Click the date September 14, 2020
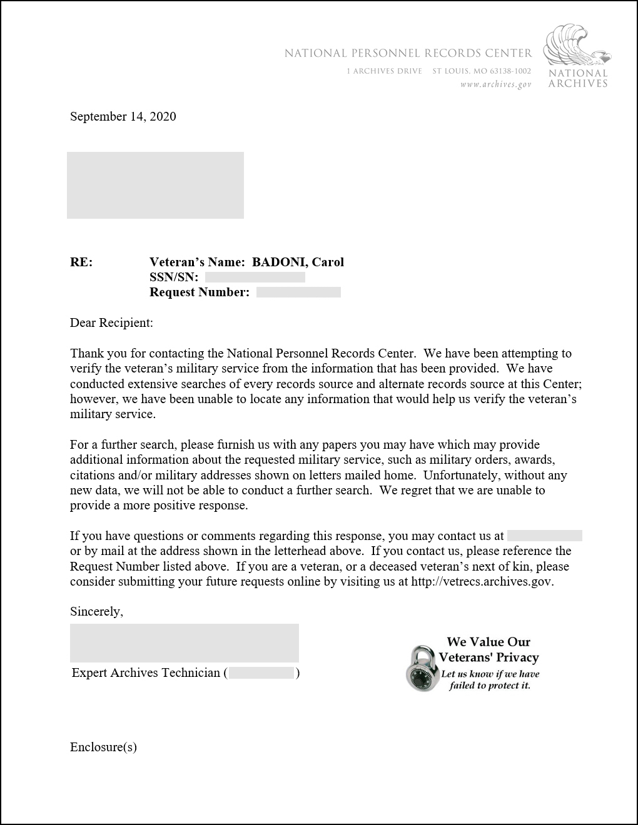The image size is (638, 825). pos(123,116)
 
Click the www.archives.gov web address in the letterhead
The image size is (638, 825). pos(495,84)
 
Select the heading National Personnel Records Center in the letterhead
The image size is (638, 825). pos(408,54)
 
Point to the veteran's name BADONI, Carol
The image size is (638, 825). pos(298,262)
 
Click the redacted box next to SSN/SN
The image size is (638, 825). pos(255,277)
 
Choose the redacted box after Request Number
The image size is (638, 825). pos(298,292)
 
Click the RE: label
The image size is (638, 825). pos(81,262)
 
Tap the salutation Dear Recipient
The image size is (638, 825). pos(111,323)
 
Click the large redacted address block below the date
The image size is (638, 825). pos(155,185)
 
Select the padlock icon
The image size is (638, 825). pos(421,668)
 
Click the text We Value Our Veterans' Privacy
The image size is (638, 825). pos(489,649)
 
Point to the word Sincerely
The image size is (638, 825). pos(96,612)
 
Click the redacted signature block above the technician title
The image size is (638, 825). pos(184,643)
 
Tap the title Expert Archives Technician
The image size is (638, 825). pos(146,673)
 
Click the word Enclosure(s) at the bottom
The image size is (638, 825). pos(103,747)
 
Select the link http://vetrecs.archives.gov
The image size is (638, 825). pos(482,582)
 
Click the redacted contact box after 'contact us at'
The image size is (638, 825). pos(544,536)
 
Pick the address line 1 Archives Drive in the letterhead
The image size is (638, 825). pos(385,71)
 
